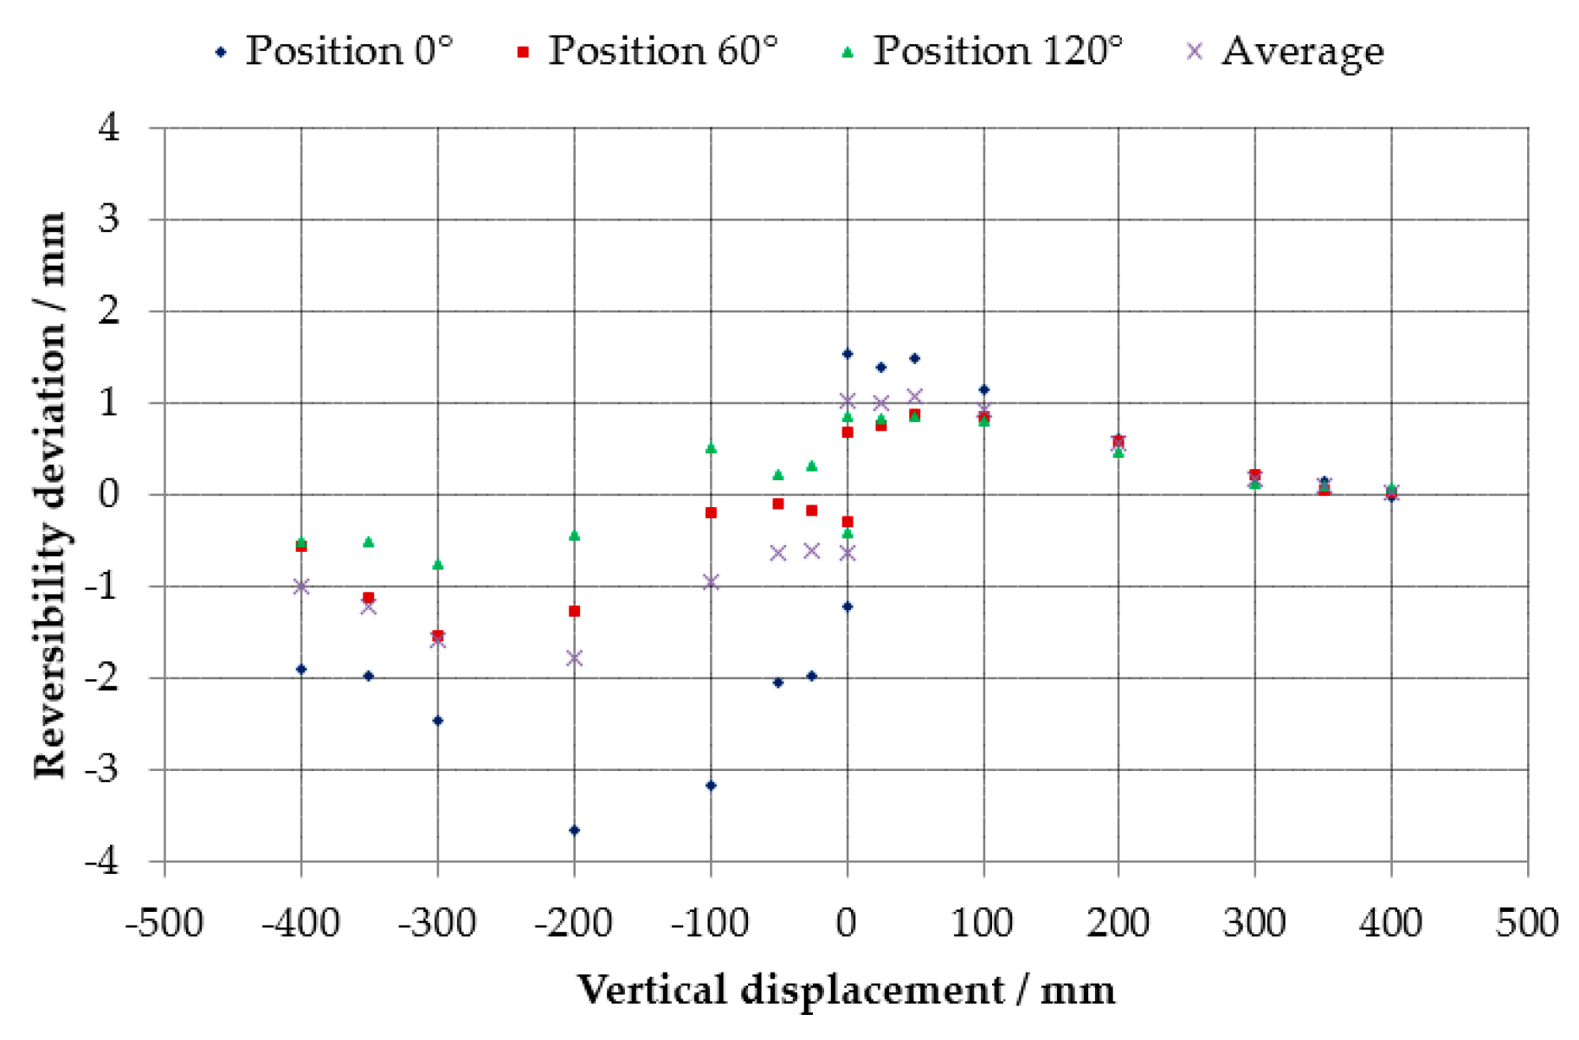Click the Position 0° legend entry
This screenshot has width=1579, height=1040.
(333, 51)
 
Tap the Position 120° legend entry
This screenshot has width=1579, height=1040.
(982, 51)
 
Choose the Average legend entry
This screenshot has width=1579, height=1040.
(1286, 51)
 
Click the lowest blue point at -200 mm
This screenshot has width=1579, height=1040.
(574, 830)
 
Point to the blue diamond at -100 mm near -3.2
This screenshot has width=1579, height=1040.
(711, 785)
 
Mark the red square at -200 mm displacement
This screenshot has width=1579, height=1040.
(574, 611)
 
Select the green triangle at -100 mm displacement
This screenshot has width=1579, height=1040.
(711, 448)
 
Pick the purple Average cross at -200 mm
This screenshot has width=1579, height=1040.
(574, 658)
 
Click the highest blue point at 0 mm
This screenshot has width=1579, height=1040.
(848, 354)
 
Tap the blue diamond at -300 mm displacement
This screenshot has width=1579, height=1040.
(438, 720)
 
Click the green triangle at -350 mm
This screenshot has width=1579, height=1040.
(369, 542)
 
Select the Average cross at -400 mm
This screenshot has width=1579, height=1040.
(301, 587)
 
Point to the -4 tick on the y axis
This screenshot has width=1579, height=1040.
(102, 862)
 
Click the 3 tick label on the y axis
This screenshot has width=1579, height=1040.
(109, 219)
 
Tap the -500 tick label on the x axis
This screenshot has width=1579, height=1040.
(164, 923)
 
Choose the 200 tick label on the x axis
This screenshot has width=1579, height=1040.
(1118, 923)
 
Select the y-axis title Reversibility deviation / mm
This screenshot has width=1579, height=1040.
(50, 495)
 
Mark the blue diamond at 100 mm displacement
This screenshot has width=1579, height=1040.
(983, 389)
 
